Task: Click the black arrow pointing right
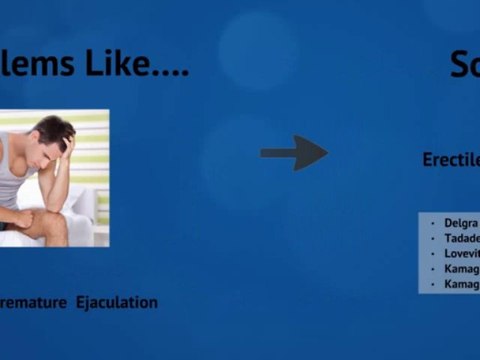click(292, 153)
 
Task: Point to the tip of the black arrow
click(326, 153)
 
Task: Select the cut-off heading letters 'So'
click(465, 65)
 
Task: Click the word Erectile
click(451, 160)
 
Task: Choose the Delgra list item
click(461, 223)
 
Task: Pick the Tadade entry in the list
click(461, 238)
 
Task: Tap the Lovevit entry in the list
click(461, 254)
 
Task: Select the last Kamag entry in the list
click(461, 285)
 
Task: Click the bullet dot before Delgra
click(432, 223)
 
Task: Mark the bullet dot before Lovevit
click(432, 254)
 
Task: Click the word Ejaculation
click(117, 302)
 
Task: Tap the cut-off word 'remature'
click(34, 302)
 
